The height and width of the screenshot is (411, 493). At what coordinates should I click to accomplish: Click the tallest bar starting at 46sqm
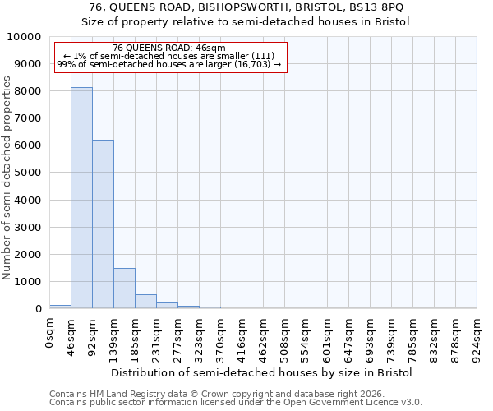[81, 197]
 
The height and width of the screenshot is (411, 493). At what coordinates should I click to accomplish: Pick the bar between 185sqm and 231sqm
[145, 301]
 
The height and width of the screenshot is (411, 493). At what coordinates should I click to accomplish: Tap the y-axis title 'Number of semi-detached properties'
[7, 178]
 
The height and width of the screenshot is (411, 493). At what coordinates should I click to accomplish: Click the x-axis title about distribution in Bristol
[261, 372]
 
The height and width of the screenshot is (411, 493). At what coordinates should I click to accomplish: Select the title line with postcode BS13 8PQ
[246, 7]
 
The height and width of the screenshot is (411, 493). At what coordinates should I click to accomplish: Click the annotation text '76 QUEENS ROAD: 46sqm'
[168, 48]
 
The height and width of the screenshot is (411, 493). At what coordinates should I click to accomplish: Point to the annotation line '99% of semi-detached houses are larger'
[168, 64]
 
